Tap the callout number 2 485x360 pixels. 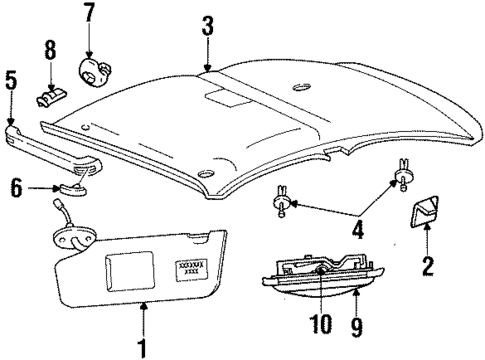pos(427,267)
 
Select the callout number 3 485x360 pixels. pos(207,26)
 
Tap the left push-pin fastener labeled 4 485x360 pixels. pos(281,205)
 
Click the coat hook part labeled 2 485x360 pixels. pos(426,213)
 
